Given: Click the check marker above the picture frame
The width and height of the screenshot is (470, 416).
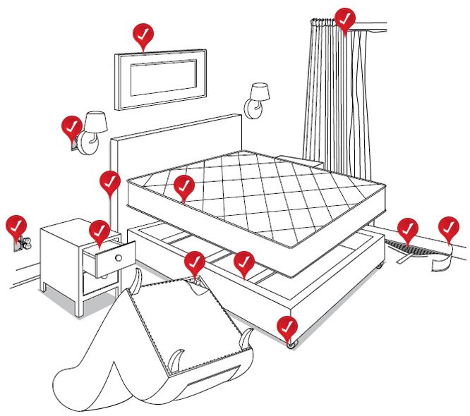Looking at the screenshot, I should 143,35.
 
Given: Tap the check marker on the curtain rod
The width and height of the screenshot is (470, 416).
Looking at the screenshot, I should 344,19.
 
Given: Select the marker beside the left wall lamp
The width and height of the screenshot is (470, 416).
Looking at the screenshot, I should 71,128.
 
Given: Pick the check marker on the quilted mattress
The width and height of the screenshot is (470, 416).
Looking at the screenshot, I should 183,186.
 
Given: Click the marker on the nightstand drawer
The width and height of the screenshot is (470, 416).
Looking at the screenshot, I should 100,231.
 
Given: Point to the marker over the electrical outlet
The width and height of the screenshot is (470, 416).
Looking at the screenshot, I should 16,226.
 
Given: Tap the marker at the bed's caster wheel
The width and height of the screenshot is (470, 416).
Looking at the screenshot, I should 287,327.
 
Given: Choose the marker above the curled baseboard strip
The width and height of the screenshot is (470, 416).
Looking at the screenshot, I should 448,227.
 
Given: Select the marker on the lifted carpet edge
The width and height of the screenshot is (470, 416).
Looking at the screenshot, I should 406,229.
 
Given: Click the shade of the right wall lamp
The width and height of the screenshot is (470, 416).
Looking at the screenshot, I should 259,91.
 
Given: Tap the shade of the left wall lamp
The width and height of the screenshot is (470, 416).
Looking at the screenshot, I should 95,121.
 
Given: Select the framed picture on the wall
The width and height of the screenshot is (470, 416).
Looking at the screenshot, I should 160,78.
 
